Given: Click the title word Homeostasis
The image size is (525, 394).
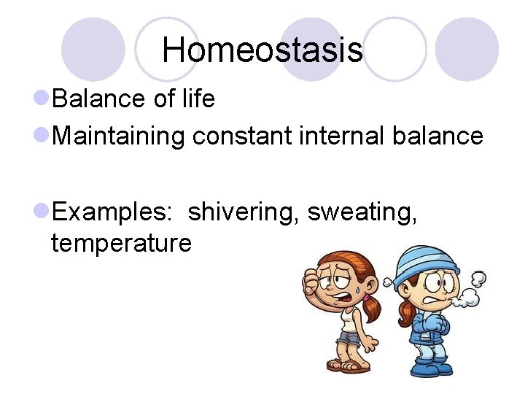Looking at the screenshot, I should click(262, 50).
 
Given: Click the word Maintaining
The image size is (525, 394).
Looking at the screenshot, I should click(119, 136).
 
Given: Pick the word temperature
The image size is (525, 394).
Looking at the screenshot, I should click(121, 242).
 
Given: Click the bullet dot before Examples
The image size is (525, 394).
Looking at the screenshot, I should click(42, 212).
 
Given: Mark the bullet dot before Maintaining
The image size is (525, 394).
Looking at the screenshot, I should click(42, 136).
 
